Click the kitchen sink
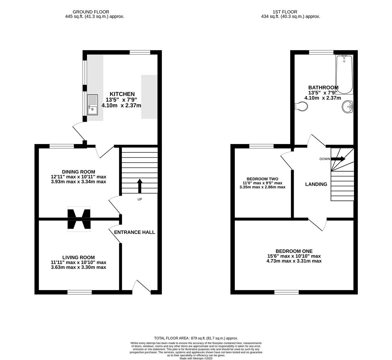[x=93, y=105]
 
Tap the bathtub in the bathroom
[x=344, y=75]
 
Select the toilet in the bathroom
[x=302, y=107]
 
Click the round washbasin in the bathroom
[x=348, y=107]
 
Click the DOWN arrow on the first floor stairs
[x=338, y=159]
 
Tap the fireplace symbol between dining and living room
[x=79, y=219]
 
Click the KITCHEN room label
[x=122, y=94]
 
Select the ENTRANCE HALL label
[x=135, y=232]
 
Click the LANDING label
[x=316, y=184]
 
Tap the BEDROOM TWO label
[x=262, y=179]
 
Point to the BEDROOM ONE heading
[x=294, y=251]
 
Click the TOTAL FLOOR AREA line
[x=196, y=338]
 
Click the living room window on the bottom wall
[x=80, y=292]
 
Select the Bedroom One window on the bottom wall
[x=286, y=292]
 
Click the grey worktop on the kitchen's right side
[x=149, y=97]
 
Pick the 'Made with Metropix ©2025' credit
[x=196, y=358]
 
